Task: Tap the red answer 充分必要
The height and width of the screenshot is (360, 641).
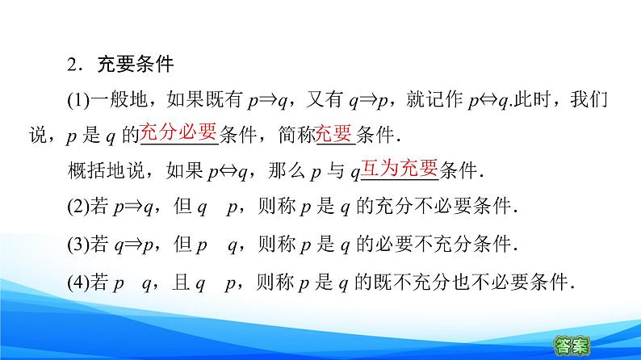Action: pyautogui.click(x=178, y=133)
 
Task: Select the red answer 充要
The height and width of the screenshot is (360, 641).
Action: pyautogui.click(x=335, y=133)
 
